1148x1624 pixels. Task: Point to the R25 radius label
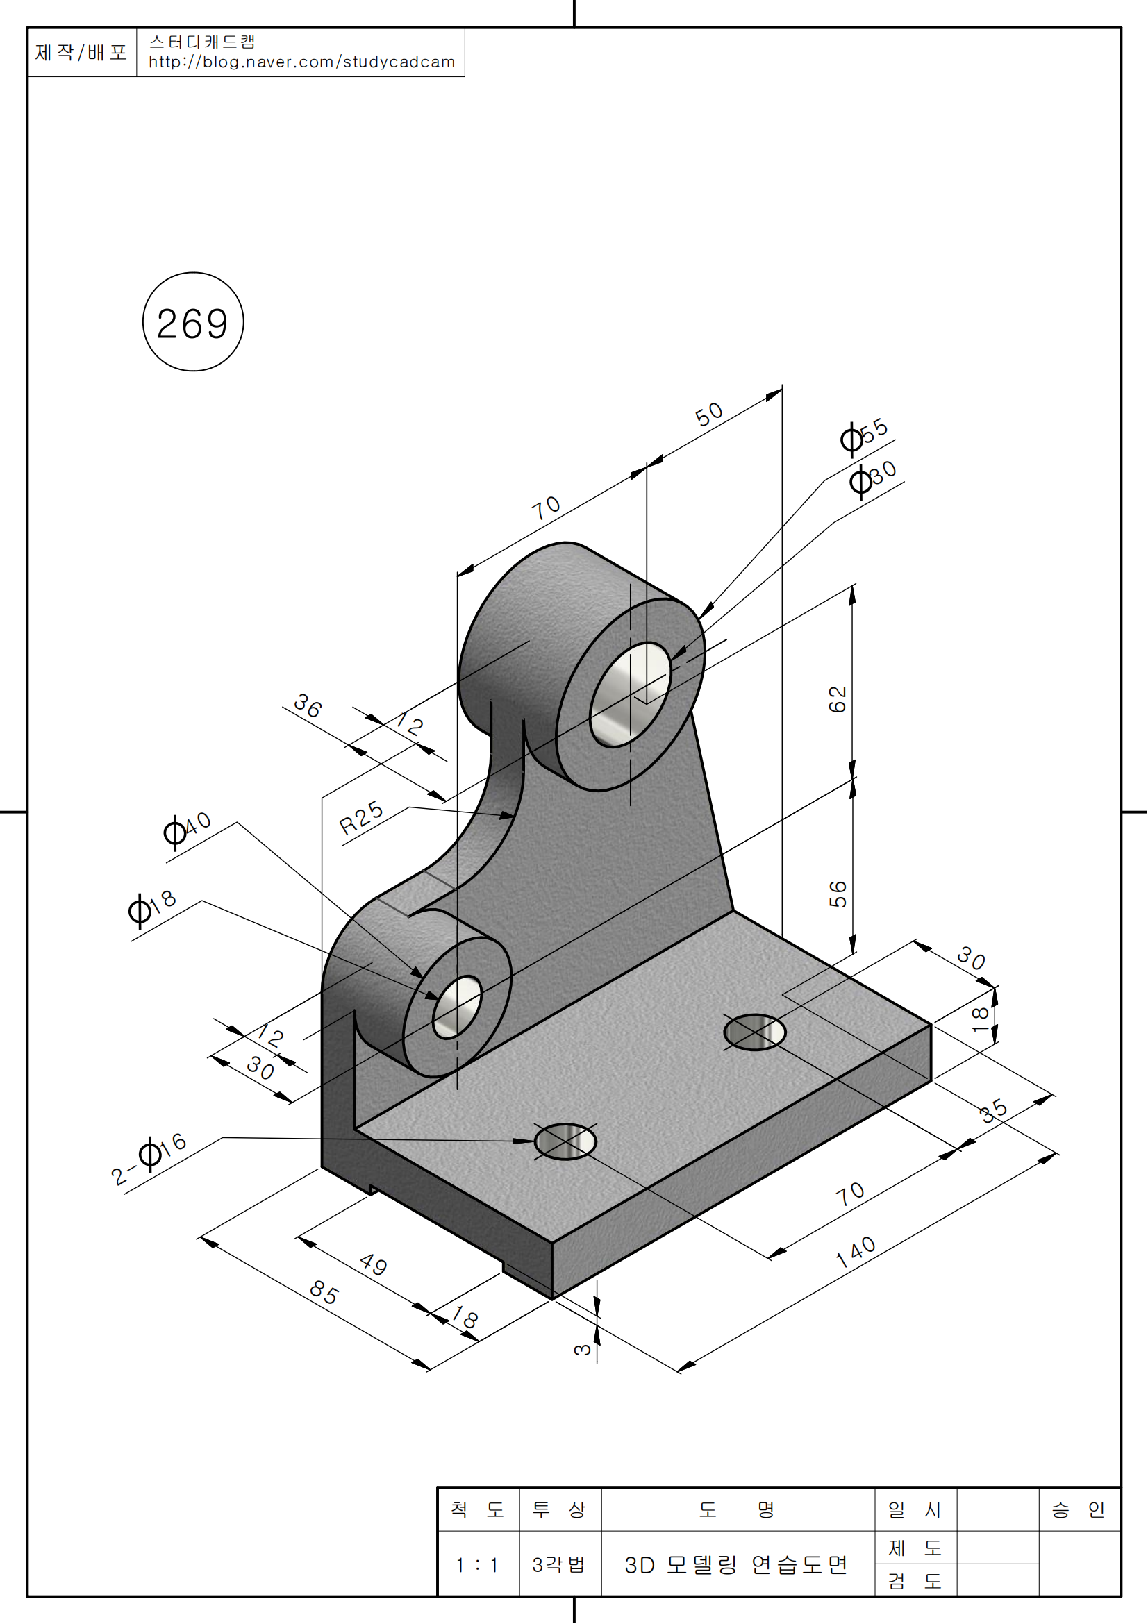coord(360,819)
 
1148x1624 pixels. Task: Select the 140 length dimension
coord(856,1252)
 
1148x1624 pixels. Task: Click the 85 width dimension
coord(324,1293)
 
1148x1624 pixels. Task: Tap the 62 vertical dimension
coord(838,700)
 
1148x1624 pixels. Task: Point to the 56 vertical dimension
coord(838,894)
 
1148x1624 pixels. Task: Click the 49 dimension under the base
coord(374,1264)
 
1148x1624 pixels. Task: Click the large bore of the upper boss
coord(629,694)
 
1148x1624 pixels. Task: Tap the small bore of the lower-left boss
coord(457,1007)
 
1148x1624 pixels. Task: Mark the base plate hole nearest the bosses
coord(754,1032)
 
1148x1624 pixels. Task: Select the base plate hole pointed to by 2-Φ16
coord(565,1141)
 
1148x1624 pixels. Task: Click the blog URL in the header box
coord(301,62)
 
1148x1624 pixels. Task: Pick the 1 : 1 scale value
coord(477,1564)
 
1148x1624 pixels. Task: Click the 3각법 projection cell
coord(559,1564)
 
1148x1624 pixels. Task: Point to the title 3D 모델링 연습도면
coord(735,1564)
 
